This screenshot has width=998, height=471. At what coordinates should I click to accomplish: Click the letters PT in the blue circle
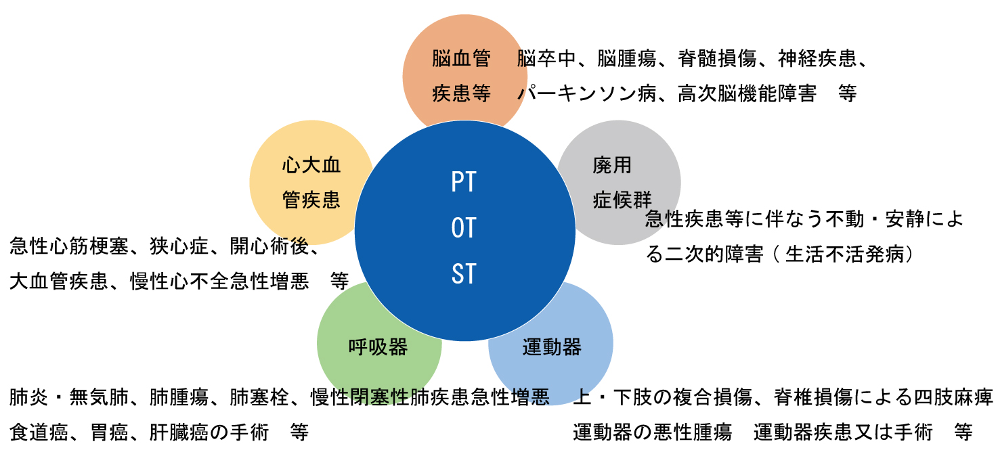pyautogui.click(x=464, y=182)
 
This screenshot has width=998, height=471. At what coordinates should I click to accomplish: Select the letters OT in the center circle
pyautogui.click(x=464, y=228)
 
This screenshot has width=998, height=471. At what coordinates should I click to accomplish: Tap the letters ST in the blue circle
pyautogui.click(x=464, y=274)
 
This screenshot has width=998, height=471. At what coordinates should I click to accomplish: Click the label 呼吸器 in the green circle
pyautogui.click(x=378, y=347)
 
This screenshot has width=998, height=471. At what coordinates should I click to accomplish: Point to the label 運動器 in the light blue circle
pyautogui.click(x=552, y=347)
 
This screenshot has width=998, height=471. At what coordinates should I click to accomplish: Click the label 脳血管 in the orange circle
pyautogui.click(x=461, y=59)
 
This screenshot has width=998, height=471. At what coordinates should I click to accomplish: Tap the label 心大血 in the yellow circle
pyautogui.click(x=311, y=164)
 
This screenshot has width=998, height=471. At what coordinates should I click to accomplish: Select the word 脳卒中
pyautogui.click(x=546, y=59)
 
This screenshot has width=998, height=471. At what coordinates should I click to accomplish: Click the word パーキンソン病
pyautogui.click(x=586, y=93)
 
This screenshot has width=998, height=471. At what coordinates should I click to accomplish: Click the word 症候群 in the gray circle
pyautogui.click(x=622, y=200)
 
